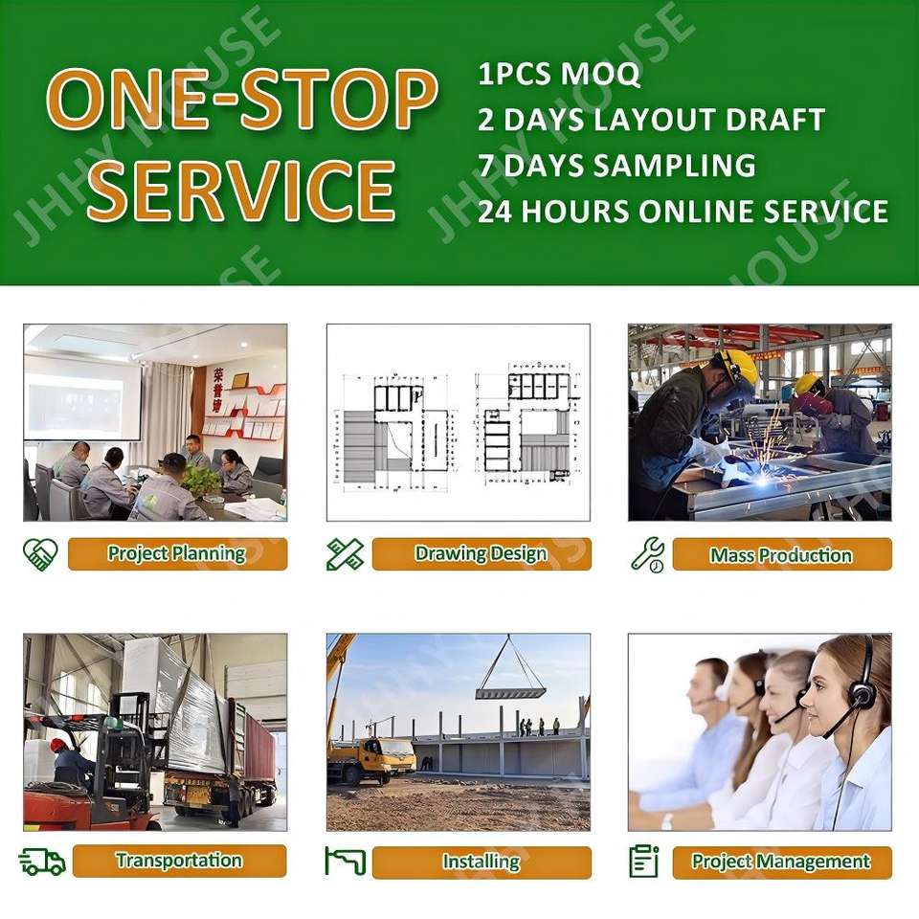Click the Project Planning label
tap(177, 553)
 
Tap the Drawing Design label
tap(482, 553)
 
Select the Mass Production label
tap(782, 554)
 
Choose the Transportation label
tap(179, 861)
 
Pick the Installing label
tap(482, 862)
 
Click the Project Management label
tap(782, 862)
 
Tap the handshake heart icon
tap(40, 554)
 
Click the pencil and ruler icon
tap(345, 554)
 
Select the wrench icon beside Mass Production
tap(648, 554)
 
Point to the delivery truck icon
tap(42, 862)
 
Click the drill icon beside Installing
tap(346, 862)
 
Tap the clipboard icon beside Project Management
tap(644, 861)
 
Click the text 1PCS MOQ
tap(559, 74)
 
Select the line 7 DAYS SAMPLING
tap(616, 166)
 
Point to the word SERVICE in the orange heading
tap(241, 190)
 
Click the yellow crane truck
tap(370, 759)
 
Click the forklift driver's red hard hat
tap(57, 745)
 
